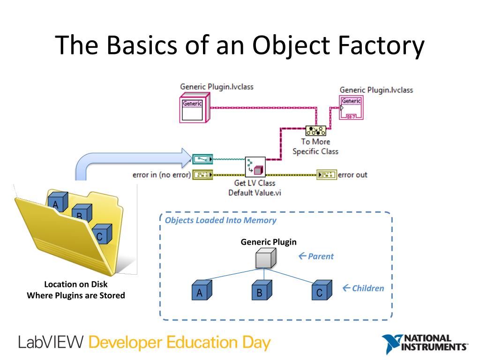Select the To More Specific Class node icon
point(315,131)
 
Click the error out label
point(352,175)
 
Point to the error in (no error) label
point(162,175)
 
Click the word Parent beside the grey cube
point(321,256)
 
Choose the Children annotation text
point(367,288)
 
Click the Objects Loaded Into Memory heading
point(220,220)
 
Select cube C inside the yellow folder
point(101,235)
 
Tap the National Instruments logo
point(424,344)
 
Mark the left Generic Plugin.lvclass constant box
point(192,109)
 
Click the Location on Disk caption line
point(75,285)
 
